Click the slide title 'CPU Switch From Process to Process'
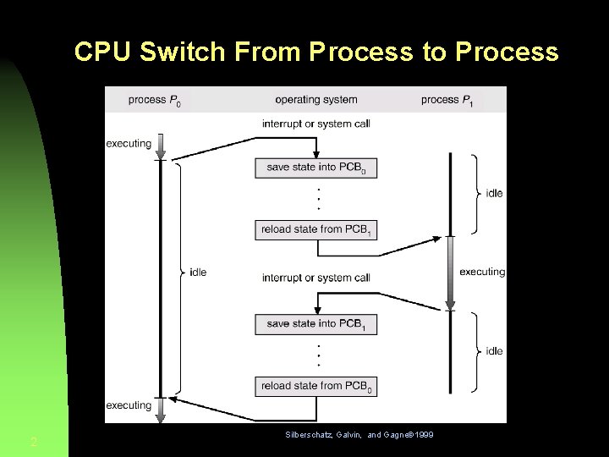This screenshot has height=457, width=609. pos(316,52)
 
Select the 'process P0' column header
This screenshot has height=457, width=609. pos(154,100)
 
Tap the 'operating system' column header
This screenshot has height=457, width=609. pos(315,100)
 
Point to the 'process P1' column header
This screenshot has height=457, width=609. pos(446,100)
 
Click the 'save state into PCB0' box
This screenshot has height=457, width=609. pos(315,168)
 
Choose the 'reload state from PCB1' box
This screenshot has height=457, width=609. pos(315,229)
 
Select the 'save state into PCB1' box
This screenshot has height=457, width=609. pos(315,324)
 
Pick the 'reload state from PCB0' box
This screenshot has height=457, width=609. pos(315,386)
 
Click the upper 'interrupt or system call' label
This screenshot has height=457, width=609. pos(315,124)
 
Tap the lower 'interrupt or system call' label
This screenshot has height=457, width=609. pos(315,278)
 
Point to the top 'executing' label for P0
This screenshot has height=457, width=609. pos(129,144)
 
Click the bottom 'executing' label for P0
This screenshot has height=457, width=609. pos(129,405)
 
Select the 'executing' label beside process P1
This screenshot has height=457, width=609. pos(482,273)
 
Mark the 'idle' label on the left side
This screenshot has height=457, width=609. pos(198,273)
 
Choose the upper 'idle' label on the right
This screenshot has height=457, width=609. pos(494,194)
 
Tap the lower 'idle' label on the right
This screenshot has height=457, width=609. pos(494,351)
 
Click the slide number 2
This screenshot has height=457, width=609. pos(33,442)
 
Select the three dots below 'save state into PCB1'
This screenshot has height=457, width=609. pos(317,355)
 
